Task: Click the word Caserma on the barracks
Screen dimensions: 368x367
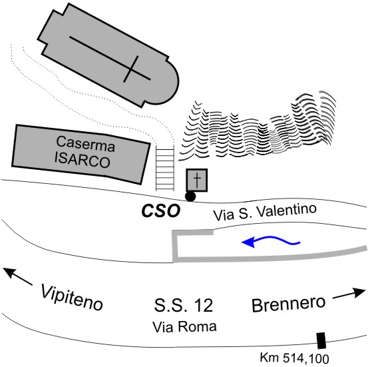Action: point(86,144)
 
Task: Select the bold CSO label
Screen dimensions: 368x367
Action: point(161,210)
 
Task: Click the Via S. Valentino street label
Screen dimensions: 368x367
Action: point(264,212)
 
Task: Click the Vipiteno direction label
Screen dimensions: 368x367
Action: point(72,297)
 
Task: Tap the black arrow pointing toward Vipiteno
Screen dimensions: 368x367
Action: point(17,276)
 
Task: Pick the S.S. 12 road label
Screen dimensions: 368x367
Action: point(184,305)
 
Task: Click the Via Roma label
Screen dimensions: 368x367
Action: point(184,326)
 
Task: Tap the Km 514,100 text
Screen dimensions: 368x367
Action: point(295,358)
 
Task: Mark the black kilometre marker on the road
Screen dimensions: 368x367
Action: point(321,340)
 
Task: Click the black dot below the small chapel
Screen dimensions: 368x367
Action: point(190,196)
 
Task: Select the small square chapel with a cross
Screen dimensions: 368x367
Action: point(197,180)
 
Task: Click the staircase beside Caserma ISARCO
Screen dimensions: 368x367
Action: point(165,168)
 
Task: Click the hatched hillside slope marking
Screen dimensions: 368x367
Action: point(257,127)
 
